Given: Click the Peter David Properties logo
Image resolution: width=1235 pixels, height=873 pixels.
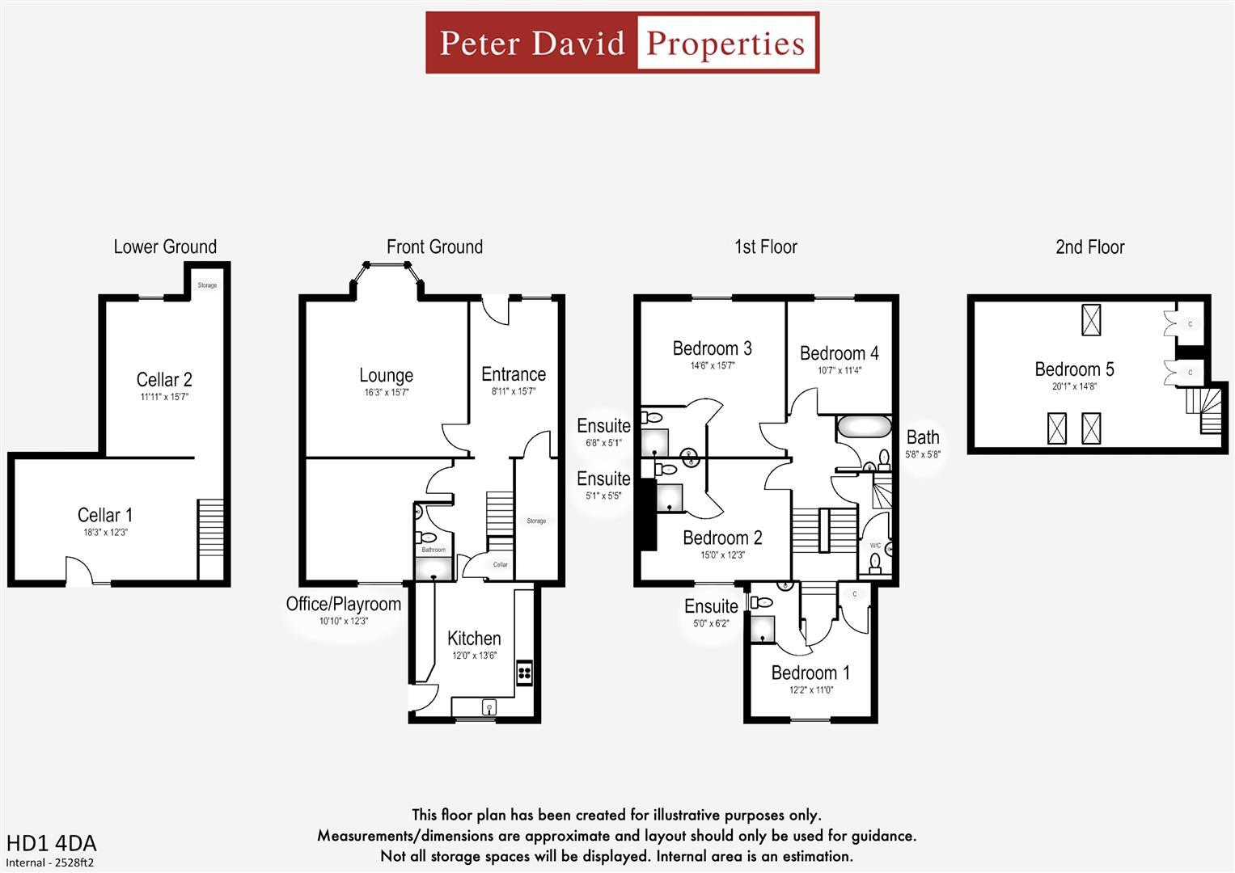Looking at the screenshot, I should (x=622, y=43).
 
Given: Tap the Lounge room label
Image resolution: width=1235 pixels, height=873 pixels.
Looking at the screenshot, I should (x=386, y=375).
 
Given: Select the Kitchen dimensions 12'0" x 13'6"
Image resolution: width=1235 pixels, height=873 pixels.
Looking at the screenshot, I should (x=474, y=656).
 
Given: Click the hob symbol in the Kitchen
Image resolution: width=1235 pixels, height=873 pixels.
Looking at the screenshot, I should (x=524, y=673).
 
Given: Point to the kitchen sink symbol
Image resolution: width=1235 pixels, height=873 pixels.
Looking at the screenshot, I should (x=489, y=708).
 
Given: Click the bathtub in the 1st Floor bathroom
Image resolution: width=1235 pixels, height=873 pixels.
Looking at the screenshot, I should (x=864, y=426).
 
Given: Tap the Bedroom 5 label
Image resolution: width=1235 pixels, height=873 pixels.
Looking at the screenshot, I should (x=1074, y=369).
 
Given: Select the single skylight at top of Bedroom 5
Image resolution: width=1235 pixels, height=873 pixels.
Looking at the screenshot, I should (x=1091, y=319).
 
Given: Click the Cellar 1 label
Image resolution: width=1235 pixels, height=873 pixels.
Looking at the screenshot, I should (x=105, y=515).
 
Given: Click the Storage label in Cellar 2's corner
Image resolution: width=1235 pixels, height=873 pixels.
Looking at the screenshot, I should (x=207, y=285).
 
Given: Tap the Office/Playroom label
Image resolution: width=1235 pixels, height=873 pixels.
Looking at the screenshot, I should (x=343, y=604).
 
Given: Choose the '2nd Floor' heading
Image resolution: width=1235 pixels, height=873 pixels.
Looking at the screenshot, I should (x=1089, y=247).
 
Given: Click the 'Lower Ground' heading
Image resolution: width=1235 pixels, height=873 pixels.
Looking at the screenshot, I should (x=165, y=247).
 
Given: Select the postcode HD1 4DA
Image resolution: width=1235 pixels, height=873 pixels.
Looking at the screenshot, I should (x=51, y=843).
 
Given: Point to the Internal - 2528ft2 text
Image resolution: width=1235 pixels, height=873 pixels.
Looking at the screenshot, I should (x=49, y=862).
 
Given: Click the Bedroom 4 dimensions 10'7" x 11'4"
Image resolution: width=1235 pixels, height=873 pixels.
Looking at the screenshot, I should (x=840, y=371).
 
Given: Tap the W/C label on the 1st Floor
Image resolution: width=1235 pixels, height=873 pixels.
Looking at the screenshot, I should (x=875, y=546).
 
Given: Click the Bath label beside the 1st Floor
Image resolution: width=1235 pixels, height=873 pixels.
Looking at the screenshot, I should (x=923, y=437).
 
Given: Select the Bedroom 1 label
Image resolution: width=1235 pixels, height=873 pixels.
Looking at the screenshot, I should (x=810, y=673).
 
